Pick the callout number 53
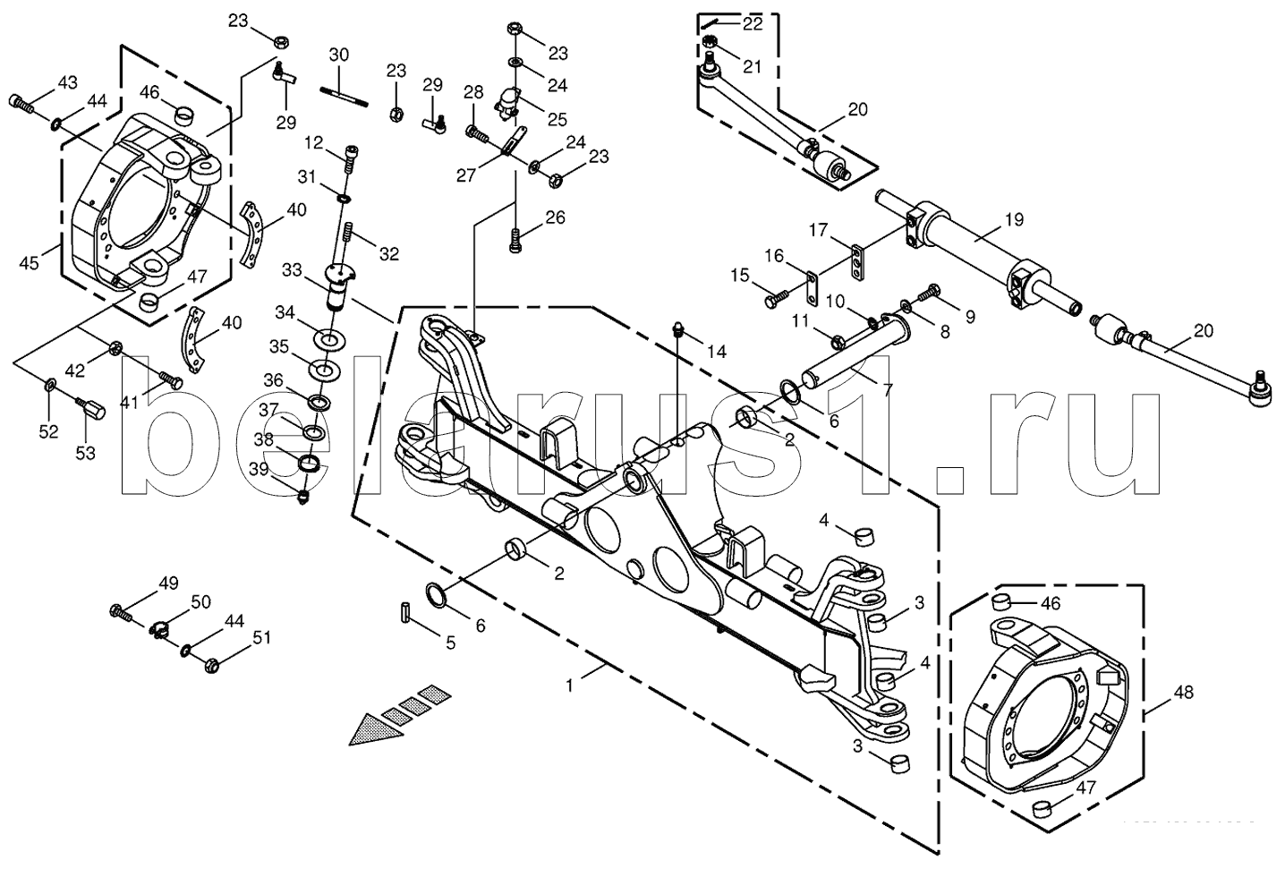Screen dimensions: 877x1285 [x=84, y=453]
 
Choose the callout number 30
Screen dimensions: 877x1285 [x=338, y=54]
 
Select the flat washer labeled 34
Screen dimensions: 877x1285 [x=330, y=339]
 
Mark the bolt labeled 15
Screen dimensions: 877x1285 [x=776, y=296]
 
